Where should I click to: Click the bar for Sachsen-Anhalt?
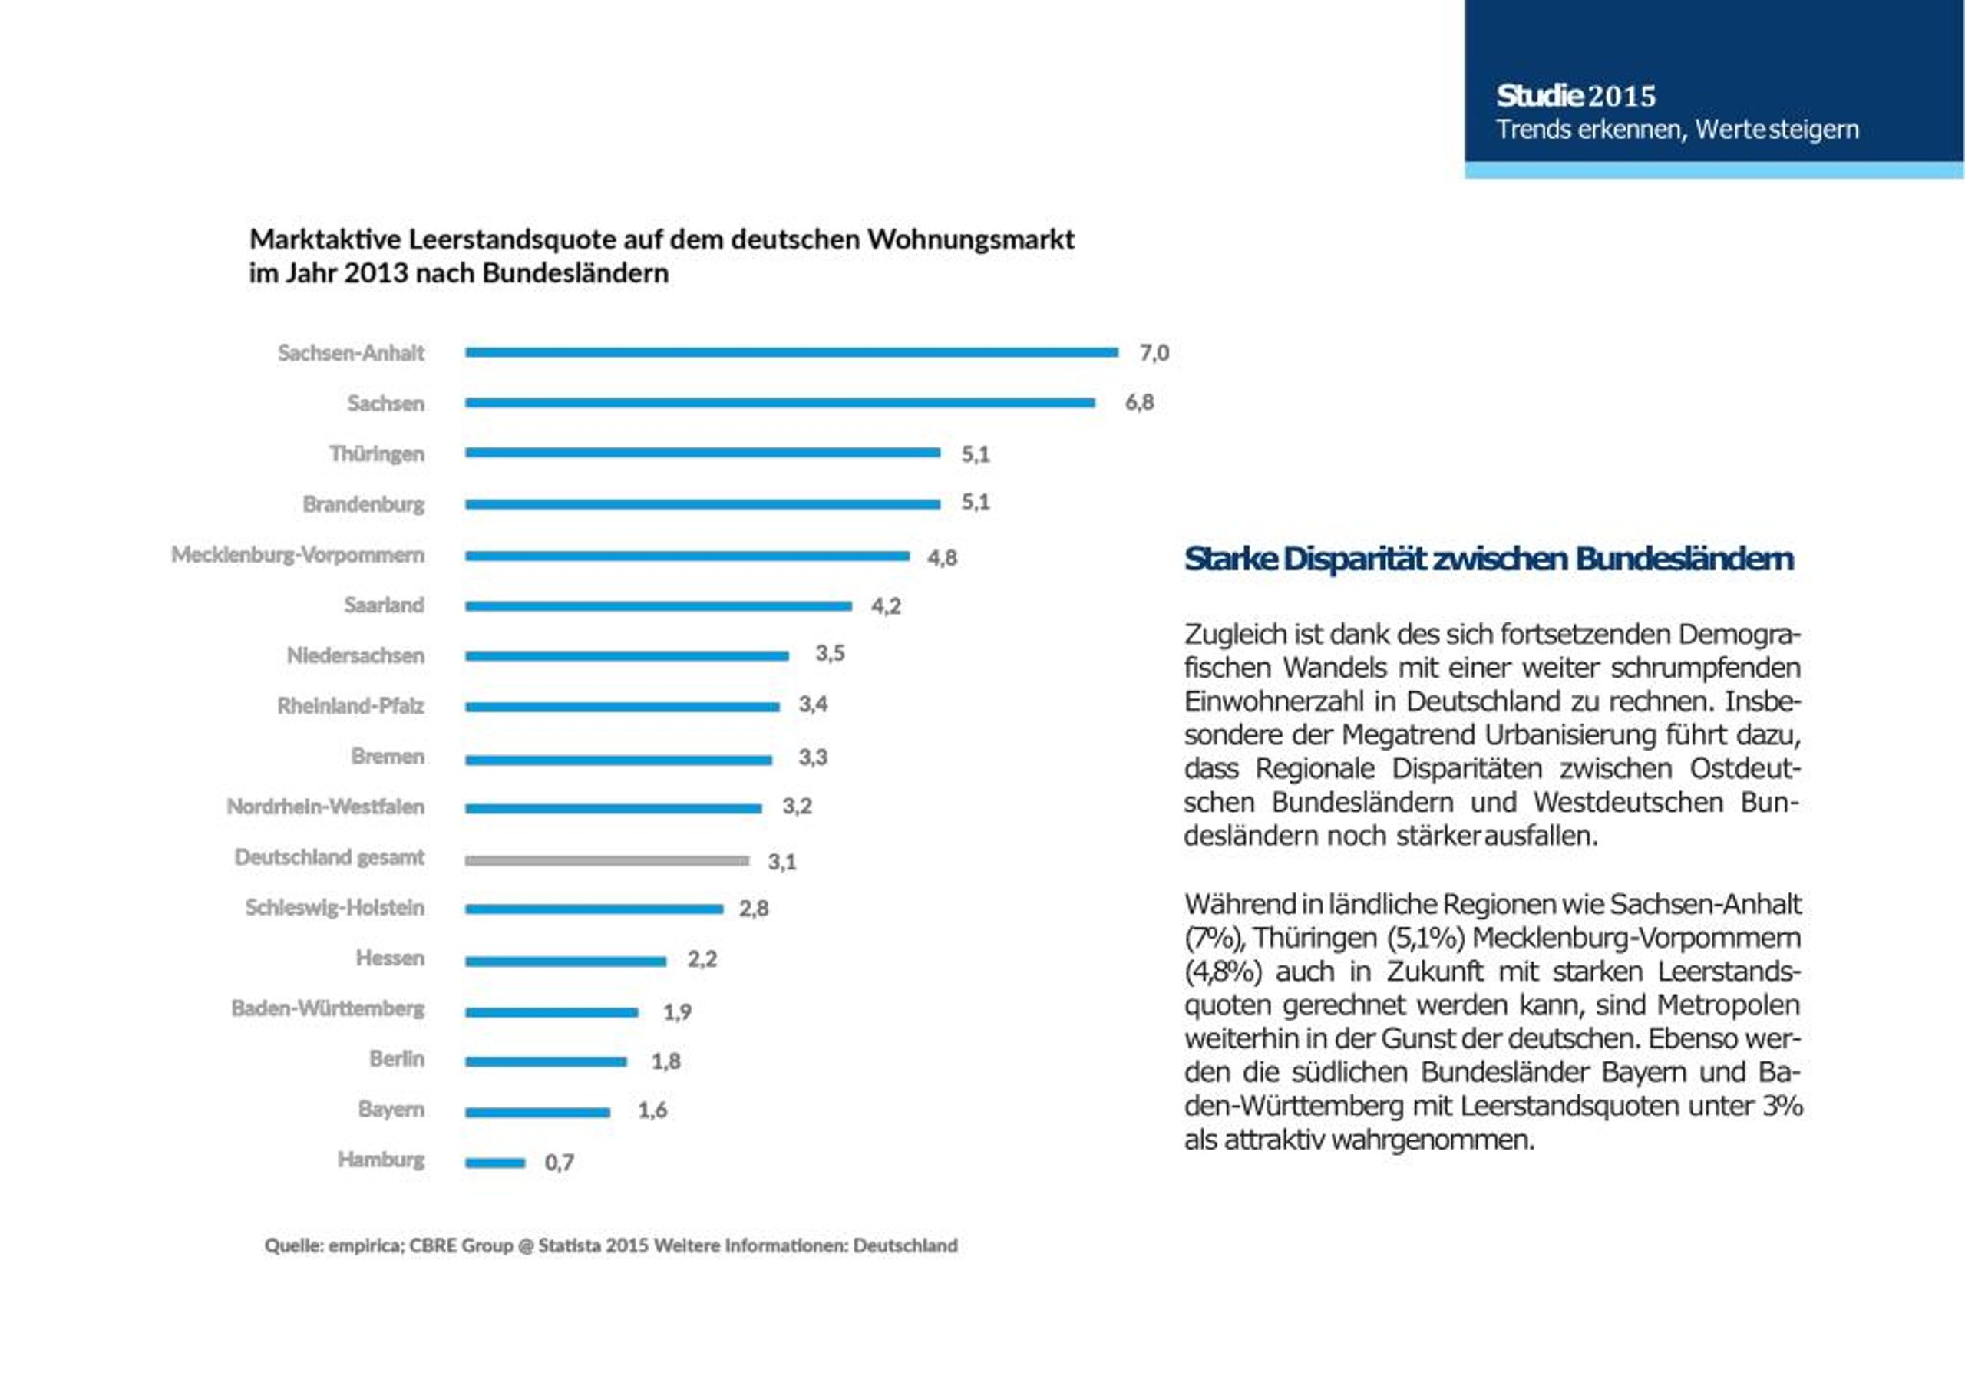pos(791,351)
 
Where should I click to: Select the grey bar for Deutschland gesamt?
pos(608,860)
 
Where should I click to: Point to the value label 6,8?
pos(1139,402)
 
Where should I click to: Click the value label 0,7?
pos(559,1162)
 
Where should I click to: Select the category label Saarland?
pos(385,605)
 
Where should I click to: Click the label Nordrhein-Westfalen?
pos(325,807)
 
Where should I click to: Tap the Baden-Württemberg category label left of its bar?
pos(328,1008)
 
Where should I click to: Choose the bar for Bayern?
pos(538,1113)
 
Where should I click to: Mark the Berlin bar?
pos(546,1062)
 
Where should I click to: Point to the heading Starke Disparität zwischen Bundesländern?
pos(1489,559)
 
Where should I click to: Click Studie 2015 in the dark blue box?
pos(1576,96)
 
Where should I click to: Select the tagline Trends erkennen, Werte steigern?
pos(1677,129)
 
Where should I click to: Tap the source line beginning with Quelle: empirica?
pos(611,1245)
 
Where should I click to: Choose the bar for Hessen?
pos(566,961)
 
